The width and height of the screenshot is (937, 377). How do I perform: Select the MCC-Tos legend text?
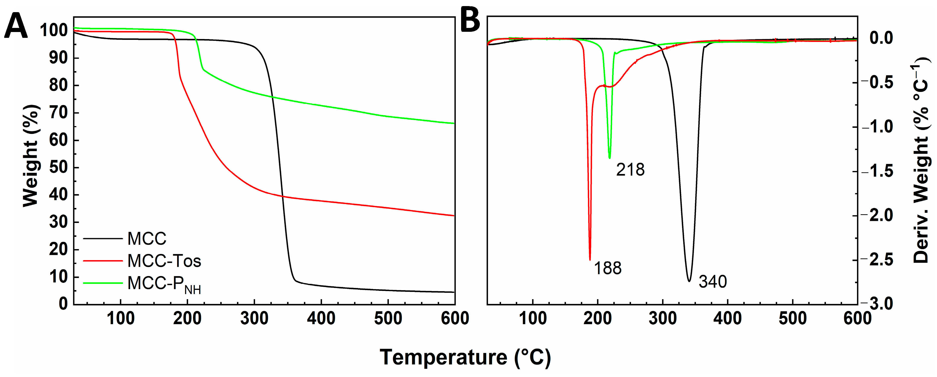click(x=164, y=261)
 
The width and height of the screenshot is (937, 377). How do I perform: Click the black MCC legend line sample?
click(x=103, y=239)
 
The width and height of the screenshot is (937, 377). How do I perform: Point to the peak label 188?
click(x=607, y=268)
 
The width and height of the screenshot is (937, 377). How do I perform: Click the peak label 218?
click(x=630, y=170)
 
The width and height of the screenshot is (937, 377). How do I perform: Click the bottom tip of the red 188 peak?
click(x=590, y=260)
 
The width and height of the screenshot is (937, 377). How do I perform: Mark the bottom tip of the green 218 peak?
click(x=610, y=158)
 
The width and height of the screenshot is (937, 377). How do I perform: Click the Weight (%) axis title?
click(x=31, y=156)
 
